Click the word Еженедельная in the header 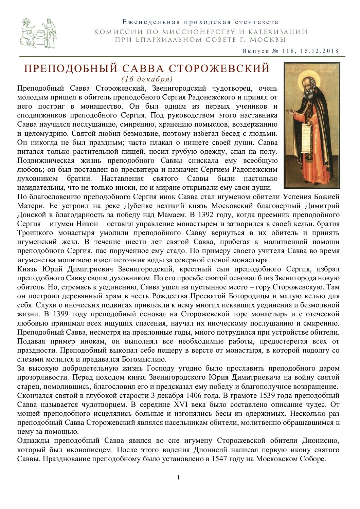tap(151, 22)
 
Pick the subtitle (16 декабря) tap(147, 79)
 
